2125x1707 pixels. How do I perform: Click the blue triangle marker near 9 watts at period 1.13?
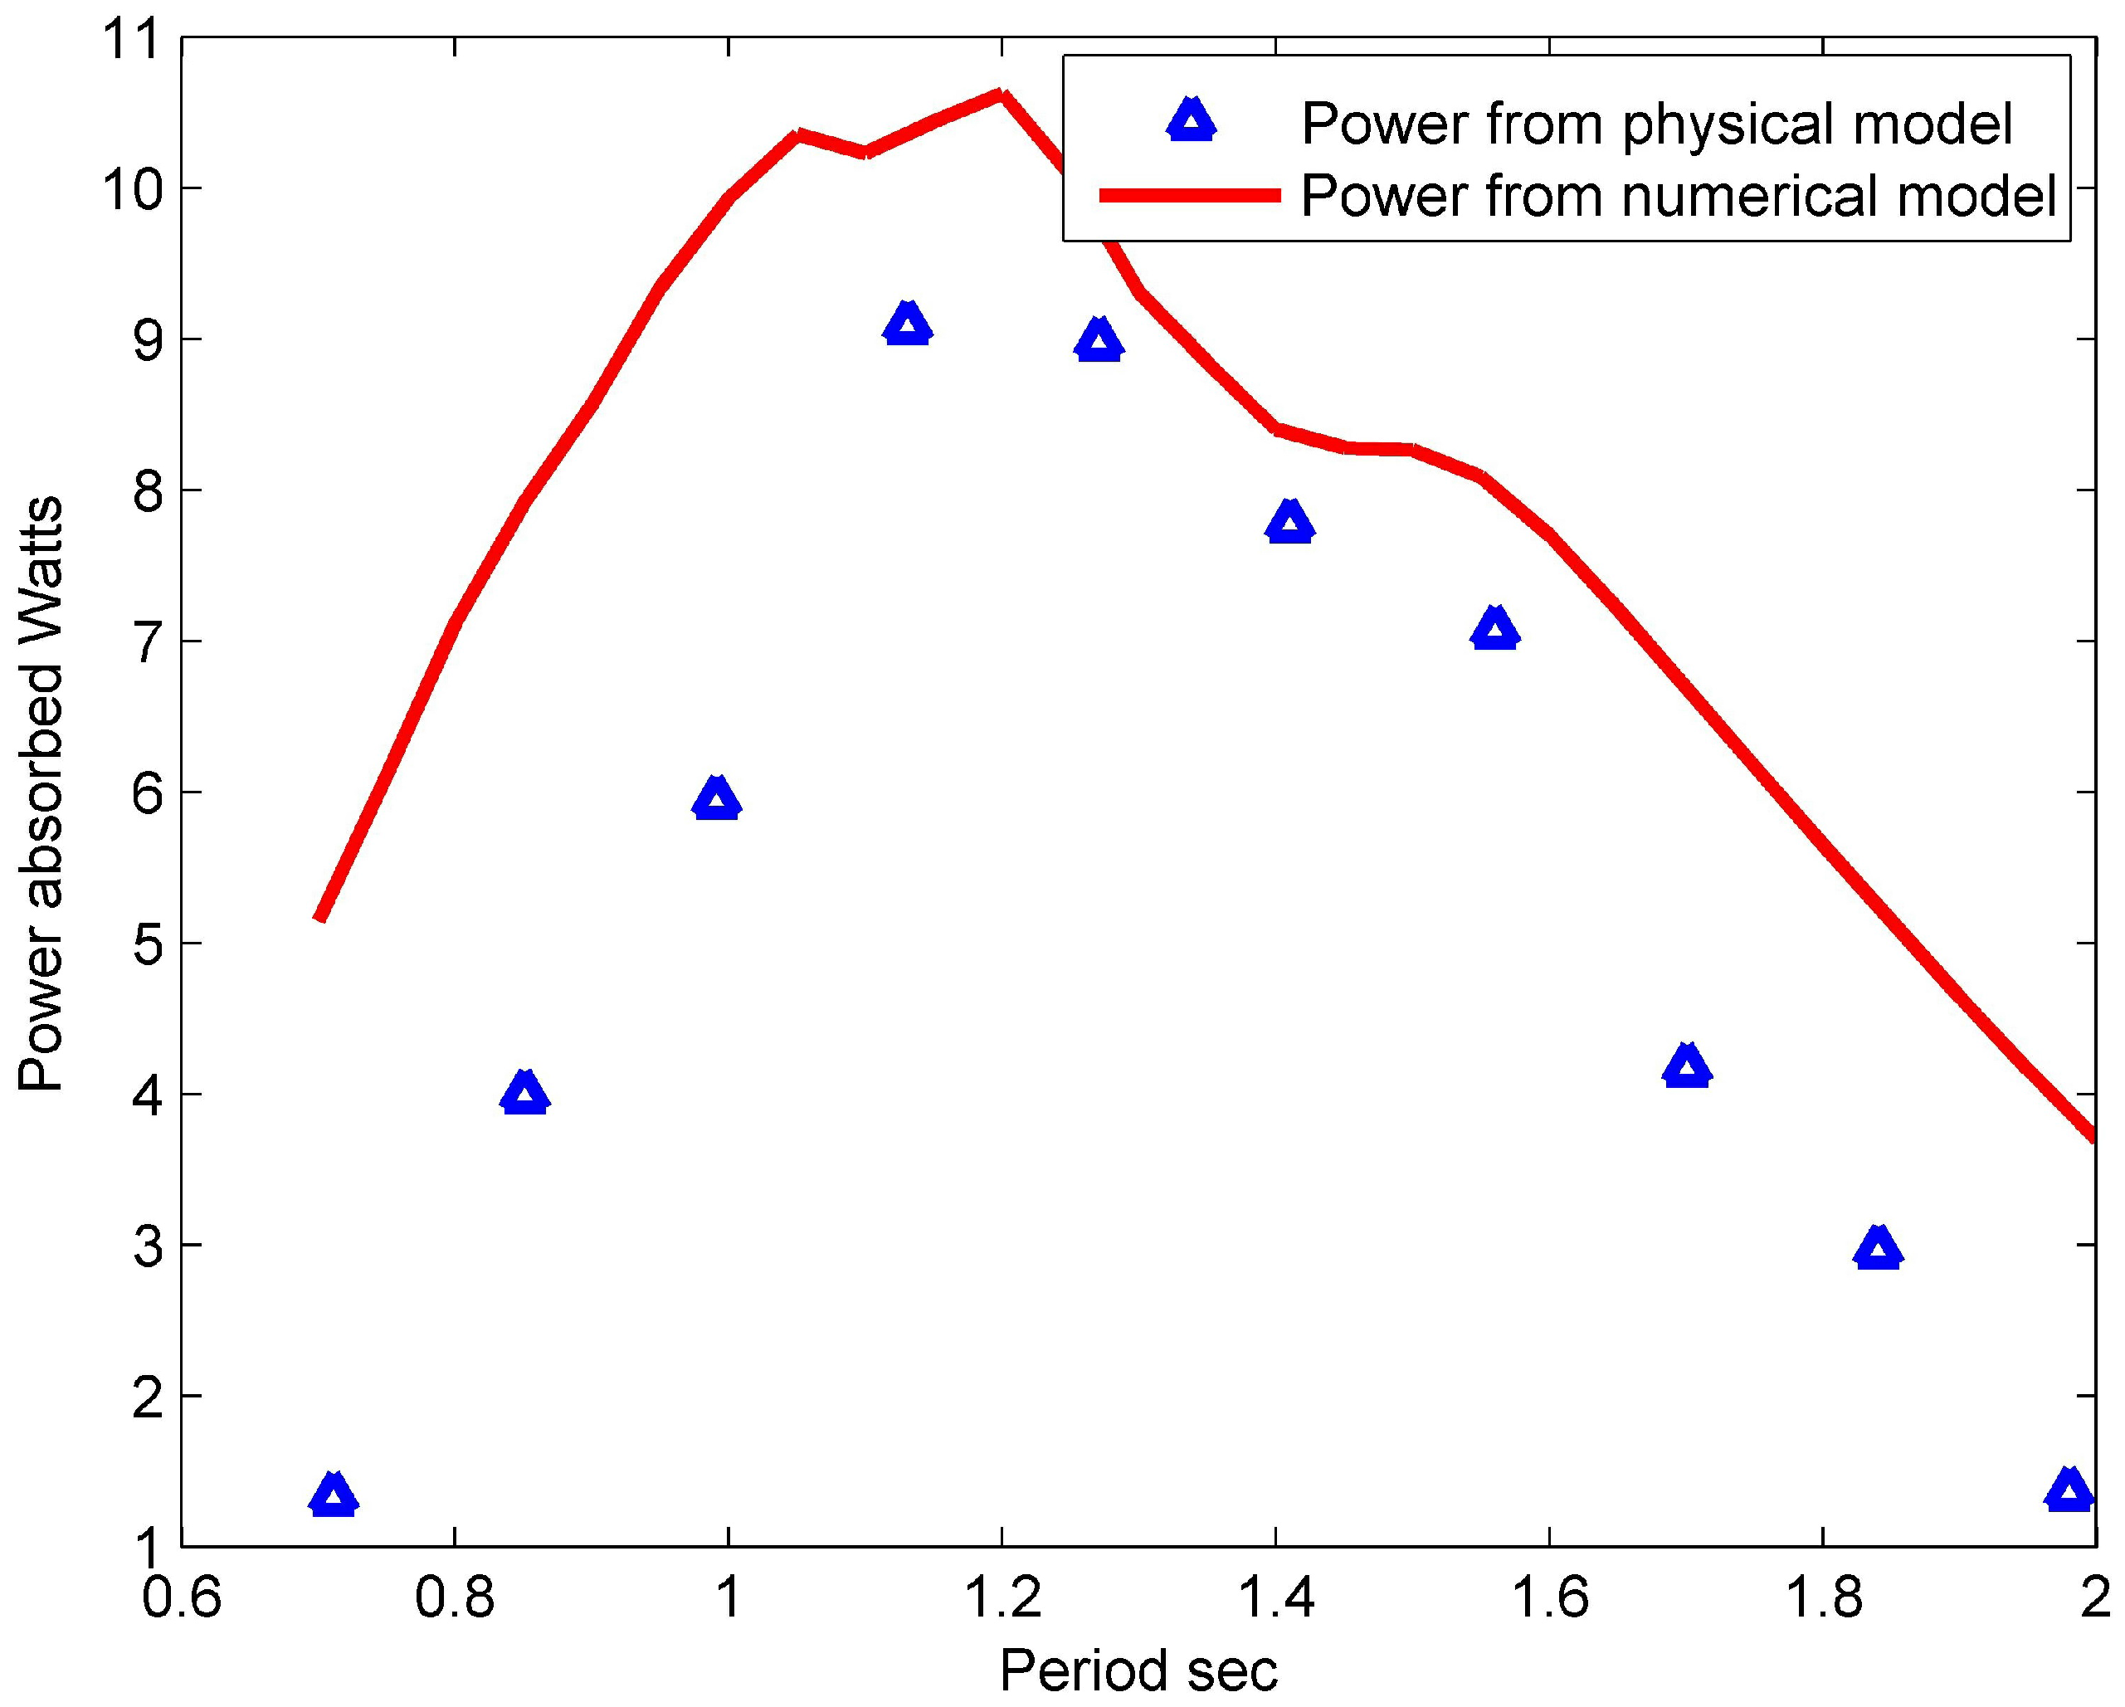coord(907,325)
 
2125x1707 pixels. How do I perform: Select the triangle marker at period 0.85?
coord(524,1094)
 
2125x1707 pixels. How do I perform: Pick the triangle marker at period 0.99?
coord(717,799)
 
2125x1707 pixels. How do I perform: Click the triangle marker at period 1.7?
coord(1686,1067)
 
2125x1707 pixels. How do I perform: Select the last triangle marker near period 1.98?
coord(2069,1491)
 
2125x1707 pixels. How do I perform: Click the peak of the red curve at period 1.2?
coord(1001,95)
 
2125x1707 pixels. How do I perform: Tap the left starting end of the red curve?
coord(319,918)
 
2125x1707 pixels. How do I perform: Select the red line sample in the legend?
coord(1190,196)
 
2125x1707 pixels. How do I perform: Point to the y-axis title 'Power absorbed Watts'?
coord(41,794)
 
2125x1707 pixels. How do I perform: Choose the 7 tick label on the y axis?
coord(148,641)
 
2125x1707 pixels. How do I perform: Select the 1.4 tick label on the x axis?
coord(1275,1597)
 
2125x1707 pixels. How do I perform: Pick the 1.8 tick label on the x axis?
coord(1821,1597)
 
